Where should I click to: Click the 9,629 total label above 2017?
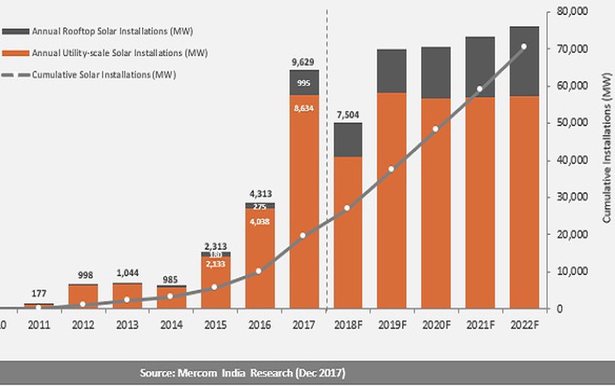click(x=304, y=60)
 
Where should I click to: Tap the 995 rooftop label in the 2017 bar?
click(x=304, y=84)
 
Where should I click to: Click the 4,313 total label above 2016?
click(x=259, y=192)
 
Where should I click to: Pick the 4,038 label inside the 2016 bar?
click(x=259, y=221)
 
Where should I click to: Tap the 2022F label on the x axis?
click(x=524, y=324)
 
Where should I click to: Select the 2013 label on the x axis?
click(x=127, y=324)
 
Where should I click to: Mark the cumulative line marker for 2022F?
click(x=524, y=46)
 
